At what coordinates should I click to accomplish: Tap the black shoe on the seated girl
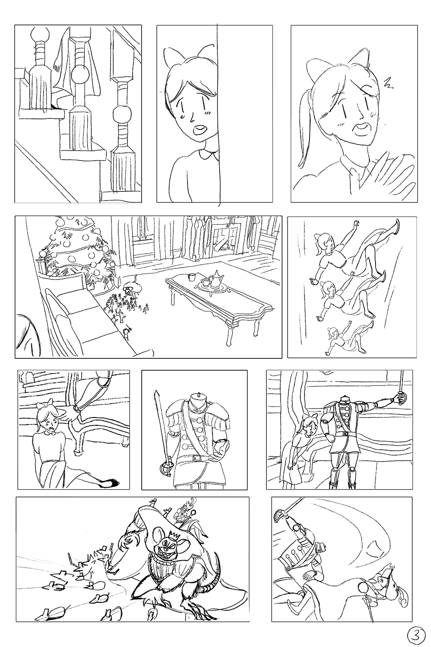pyautogui.click(x=109, y=483)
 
